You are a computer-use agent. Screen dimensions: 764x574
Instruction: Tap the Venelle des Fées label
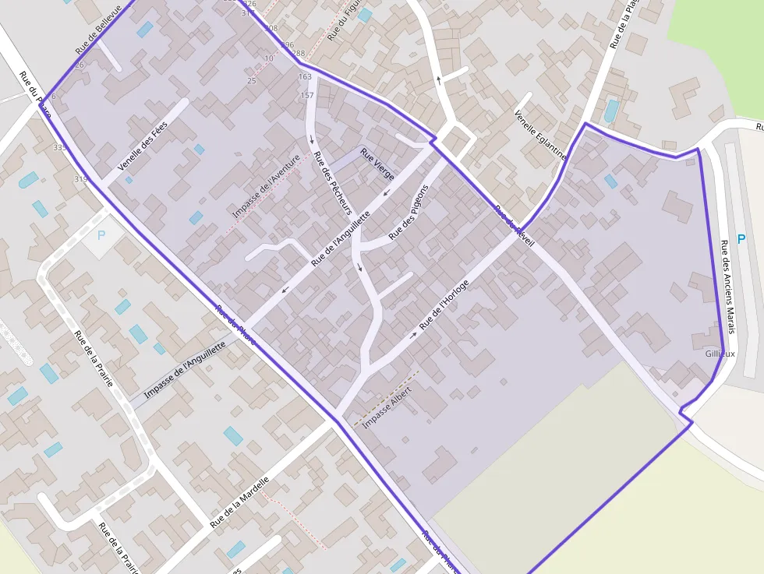click(143, 149)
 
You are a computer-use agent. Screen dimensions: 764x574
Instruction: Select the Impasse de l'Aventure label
click(266, 185)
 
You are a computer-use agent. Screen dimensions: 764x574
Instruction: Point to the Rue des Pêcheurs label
click(332, 182)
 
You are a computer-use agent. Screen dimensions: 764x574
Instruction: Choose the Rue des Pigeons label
click(409, 211)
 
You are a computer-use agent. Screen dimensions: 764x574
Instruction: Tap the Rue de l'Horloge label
click(444, 302)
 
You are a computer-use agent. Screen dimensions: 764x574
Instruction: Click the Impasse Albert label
click(387, 407)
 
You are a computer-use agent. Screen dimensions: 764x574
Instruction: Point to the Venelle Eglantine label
click(539, 134)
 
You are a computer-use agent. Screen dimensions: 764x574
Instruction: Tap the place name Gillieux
click(720, 354)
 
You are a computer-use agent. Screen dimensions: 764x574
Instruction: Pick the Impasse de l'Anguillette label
click(185, 370)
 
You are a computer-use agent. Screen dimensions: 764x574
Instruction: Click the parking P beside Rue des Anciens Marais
click(741, 240)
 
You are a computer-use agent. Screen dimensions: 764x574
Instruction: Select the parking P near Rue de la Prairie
click(101, 234)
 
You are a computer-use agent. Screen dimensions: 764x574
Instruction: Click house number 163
click(305, 77)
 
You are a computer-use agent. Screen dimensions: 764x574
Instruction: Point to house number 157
click(307, 95)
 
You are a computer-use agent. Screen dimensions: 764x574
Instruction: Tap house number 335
click(60, 147)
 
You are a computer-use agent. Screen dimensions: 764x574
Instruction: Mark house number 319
click(80, 180)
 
